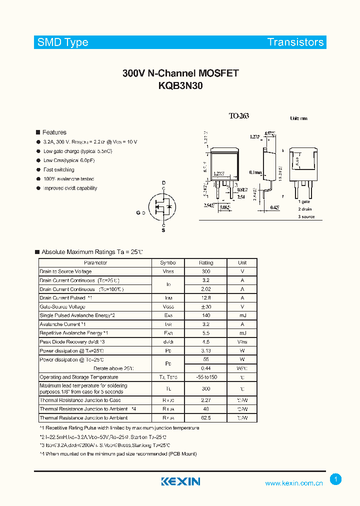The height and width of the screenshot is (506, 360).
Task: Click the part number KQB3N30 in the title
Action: [180, 85]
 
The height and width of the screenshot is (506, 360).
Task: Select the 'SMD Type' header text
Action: [63, 42]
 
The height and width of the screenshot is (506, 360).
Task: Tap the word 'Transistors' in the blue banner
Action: [295, 42]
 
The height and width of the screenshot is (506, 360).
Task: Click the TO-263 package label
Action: [239, 116]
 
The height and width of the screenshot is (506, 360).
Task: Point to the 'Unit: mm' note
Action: [299, 118]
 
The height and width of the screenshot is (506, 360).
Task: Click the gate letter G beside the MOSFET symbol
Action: [138, 213]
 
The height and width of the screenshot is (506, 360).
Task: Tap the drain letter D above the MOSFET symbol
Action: [163, 183]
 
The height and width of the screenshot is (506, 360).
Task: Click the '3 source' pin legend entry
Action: [306, 216]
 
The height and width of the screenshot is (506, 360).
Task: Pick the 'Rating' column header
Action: [206, 262]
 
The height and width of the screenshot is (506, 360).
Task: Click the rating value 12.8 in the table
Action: [206, 297]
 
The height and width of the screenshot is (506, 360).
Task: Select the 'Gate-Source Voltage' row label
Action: [62, 306]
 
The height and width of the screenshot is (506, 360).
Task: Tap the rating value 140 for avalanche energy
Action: [206, 315]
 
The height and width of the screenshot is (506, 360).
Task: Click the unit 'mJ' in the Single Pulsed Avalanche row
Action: [242, 315]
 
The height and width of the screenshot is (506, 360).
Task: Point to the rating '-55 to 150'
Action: [206, 377]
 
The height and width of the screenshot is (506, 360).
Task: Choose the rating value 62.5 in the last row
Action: [206, 417]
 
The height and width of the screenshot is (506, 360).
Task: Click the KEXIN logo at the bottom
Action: [180, 481]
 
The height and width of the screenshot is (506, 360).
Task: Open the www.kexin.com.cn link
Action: [294, 483]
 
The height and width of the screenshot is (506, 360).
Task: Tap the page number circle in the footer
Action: [336, 479]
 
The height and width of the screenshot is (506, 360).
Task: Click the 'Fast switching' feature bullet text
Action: [59, 170]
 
